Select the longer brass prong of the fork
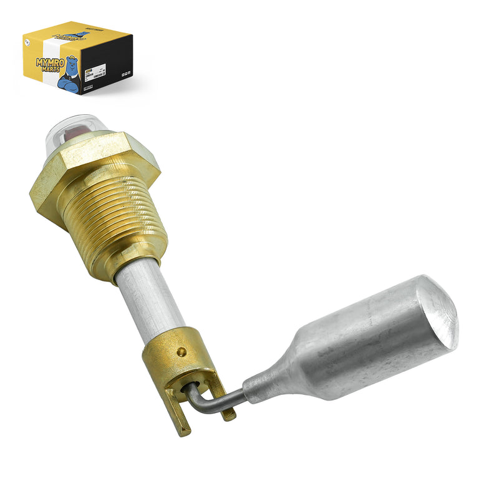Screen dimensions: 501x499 point(183,418)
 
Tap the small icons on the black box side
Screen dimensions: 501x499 point(124,74)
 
